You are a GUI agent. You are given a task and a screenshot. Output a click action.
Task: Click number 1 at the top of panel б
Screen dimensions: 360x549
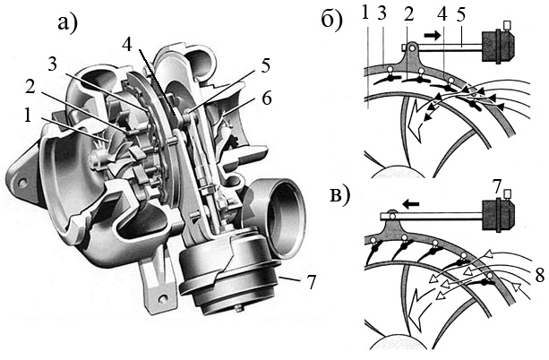coord(366,13)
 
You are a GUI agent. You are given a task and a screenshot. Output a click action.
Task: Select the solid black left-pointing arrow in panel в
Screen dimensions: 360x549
coord(411,203)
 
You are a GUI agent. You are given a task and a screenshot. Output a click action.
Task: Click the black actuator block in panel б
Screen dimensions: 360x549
coord(496,47)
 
